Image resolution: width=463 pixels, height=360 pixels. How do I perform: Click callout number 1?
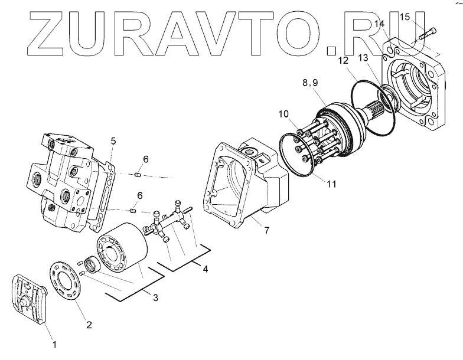54,343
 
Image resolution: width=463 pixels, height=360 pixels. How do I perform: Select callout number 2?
89,323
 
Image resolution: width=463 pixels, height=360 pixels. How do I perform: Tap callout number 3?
155,298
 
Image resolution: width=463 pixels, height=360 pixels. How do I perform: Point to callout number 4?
205,270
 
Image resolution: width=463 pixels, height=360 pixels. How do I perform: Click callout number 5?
113,140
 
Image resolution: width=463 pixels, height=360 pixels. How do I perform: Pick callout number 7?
266,230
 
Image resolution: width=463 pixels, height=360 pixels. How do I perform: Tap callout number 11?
331,184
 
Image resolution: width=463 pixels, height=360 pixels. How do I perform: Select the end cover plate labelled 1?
30,300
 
